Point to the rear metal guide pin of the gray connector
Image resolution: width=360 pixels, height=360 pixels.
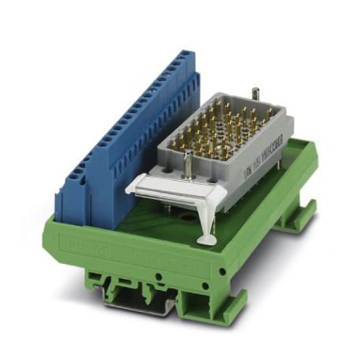254,94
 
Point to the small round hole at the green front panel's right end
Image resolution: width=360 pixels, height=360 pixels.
206,277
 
